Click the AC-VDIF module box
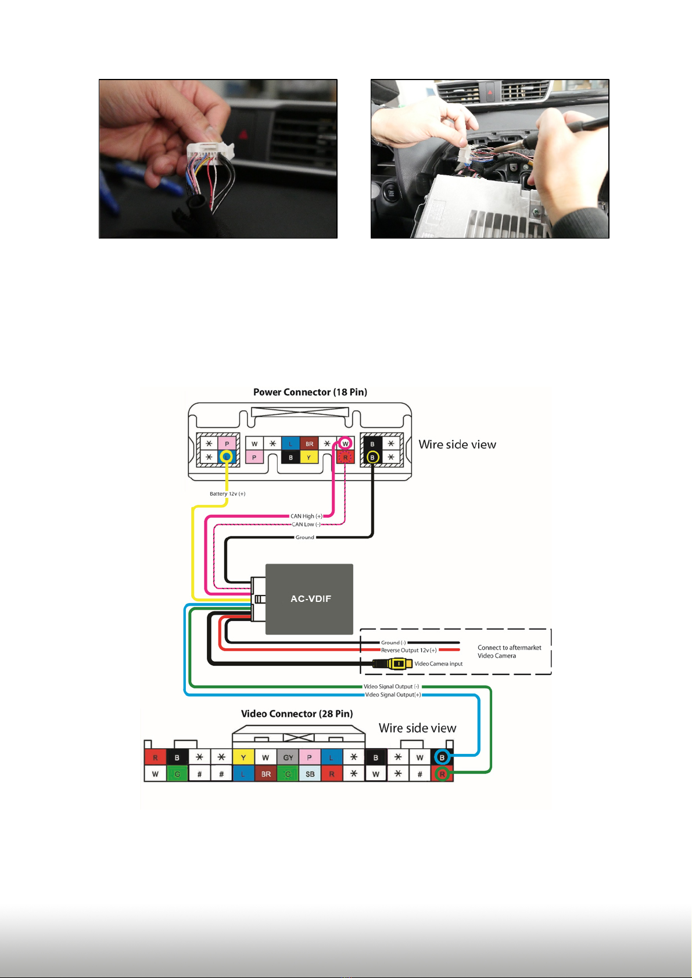click(310, 599)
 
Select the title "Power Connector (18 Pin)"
click(310, 392)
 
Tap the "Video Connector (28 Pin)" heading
click(297, 713)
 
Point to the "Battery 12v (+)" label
click(227, 494)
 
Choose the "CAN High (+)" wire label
click(306, 516)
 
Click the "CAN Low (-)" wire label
click(306, 525)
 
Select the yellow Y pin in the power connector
click(309, 457)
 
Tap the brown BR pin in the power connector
click(309, 444)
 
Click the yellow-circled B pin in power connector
click(373, 457)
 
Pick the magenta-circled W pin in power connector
click(345, 444)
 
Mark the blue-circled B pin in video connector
click(442, 757)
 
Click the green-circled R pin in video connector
click(442, 773)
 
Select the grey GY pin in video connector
click(288, 757)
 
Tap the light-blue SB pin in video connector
click(310, 774)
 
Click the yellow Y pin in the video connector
click(243, 757)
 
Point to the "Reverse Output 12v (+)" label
click(408, 650)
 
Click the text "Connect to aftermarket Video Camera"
click(509, 651)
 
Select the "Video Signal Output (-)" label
click(391, 687)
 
